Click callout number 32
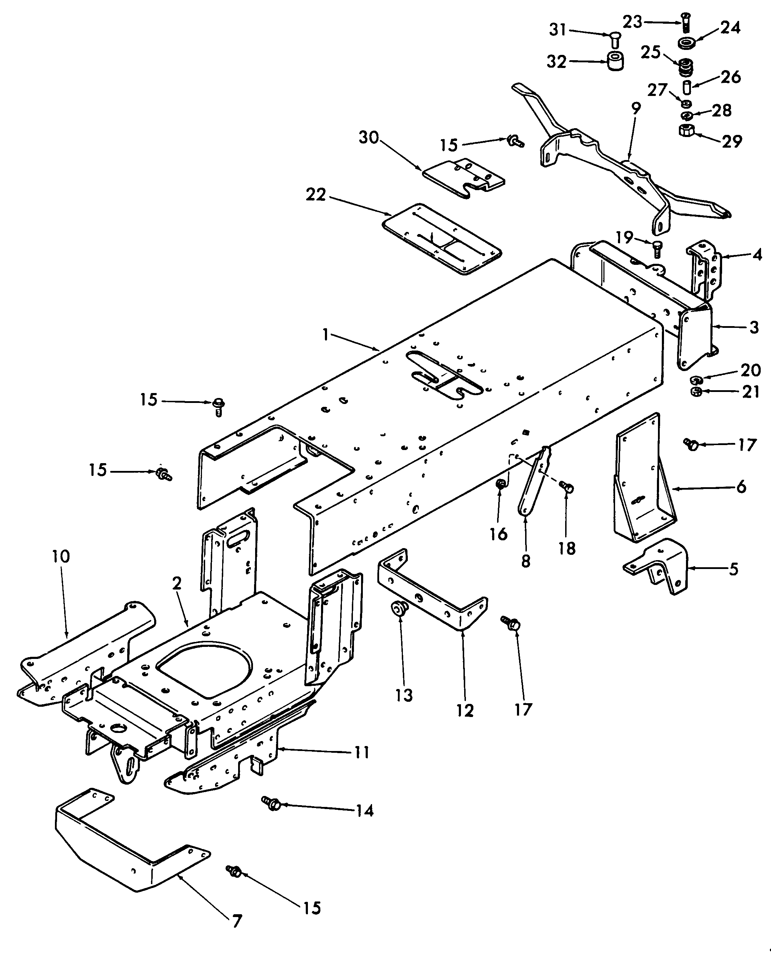(x=556, y=61)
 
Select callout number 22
(x=316, y=194)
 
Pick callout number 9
(x=636, y=108)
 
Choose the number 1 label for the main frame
(x=326, y=335)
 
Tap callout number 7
(x=237, y=921)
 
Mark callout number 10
(x=61, y=556)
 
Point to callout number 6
(x=741, y=487)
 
